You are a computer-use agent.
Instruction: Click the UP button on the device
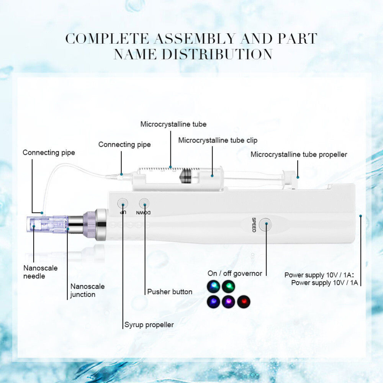pyautogui.click(x=123, y=203)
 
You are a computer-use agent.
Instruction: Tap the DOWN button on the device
pyautogui.click(x=144, y=203)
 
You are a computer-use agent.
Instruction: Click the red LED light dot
pyautogui.click(x=244, y=301)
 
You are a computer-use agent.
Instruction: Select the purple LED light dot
pyautogui.click(x=228, y=301)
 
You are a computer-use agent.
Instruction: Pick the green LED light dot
pyautogui.click(x=228, y=286)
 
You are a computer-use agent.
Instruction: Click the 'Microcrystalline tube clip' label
pyautogui.click(x=218, y=141)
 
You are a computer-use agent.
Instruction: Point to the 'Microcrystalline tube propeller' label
pyautogui.click(x=299, y=155)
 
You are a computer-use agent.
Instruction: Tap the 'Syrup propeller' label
pyautogui.click(x=149, y=325)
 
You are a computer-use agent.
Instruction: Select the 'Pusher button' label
pyautogui.click(x=170, y=291)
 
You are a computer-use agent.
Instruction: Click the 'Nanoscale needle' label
pyautogui.click(x=40, y=272)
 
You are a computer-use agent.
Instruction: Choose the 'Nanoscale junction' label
pyautogui.click(x=87, y=290)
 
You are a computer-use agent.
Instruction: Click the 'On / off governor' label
pyautogui.click(x=235, y=273)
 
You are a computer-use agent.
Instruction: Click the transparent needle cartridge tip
pyautogui.click(x=47, y=224)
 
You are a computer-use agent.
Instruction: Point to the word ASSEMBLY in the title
pyautogui.click(x=195, y=39)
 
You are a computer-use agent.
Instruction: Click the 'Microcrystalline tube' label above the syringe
pyautogui.click(x=173, y=124)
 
